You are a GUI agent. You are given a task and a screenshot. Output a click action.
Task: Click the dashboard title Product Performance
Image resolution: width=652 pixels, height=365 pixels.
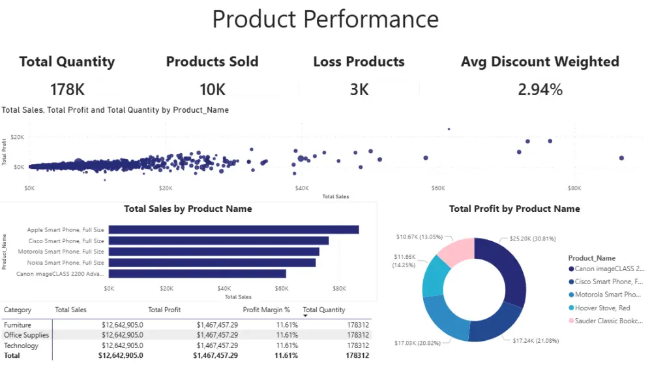point(325,19)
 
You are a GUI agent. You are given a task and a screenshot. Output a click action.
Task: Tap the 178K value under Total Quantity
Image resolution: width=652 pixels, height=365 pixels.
point(67,90)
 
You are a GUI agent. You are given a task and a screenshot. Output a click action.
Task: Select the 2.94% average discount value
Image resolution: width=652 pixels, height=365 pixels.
point(540,90)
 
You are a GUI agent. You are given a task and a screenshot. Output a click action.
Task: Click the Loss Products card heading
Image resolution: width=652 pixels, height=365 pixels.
point(359,62)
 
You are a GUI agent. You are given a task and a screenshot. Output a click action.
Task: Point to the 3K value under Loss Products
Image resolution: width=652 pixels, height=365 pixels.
point(359,90)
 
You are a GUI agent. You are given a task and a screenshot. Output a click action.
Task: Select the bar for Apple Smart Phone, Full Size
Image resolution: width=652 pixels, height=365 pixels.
point(233,229)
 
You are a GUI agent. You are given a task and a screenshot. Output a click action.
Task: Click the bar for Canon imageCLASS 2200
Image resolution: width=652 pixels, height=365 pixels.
point(197,274)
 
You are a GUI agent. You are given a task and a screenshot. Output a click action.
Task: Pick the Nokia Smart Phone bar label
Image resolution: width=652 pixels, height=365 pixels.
point(65,263)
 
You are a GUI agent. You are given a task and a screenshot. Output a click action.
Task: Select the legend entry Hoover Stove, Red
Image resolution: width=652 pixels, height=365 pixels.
point(602,308)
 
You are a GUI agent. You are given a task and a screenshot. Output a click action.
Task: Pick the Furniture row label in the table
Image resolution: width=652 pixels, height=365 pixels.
point(17,325)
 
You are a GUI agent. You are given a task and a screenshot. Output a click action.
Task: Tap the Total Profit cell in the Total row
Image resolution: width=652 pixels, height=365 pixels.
point(215,355)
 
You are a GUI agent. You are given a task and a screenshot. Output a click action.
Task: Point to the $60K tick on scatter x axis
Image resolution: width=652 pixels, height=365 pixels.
point(437,188)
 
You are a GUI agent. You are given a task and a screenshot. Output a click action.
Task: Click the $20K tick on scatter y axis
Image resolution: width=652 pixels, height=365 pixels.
point(17,137)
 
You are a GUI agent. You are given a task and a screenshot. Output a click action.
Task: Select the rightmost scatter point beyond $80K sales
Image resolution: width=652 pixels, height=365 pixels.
point(621,158)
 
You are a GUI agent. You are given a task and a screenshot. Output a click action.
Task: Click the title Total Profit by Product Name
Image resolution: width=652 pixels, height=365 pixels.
point(514,209)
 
